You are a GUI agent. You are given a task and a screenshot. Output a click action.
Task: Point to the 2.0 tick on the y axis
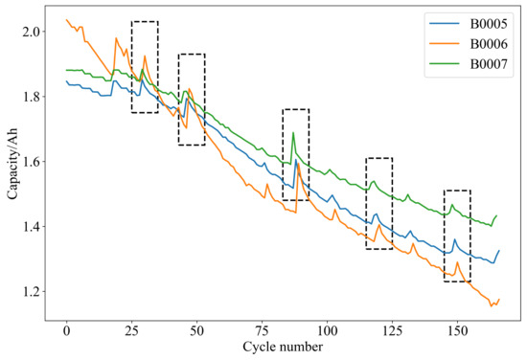tap(34, 33)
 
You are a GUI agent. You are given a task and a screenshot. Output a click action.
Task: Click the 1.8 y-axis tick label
tap(34, 97)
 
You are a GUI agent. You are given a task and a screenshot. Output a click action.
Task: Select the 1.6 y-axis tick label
tap(34, 162)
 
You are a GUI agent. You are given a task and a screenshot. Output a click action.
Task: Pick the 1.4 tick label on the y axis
tap(34, 227)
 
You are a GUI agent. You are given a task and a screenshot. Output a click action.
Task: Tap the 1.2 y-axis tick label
tap(34, 291)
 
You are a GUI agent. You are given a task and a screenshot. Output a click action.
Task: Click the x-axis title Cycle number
tap(283, 347)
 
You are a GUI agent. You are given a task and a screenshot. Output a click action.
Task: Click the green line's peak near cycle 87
tap(293, 132)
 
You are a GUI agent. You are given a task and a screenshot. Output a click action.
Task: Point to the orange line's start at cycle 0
tap(66, 19)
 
